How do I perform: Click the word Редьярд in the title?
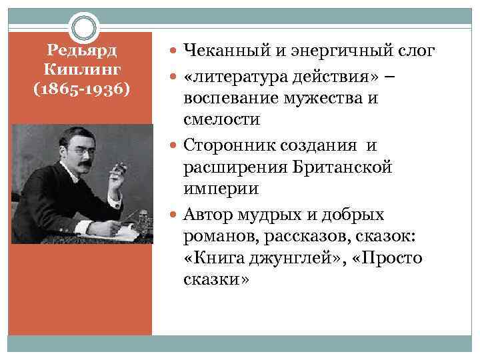pos(82,51)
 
